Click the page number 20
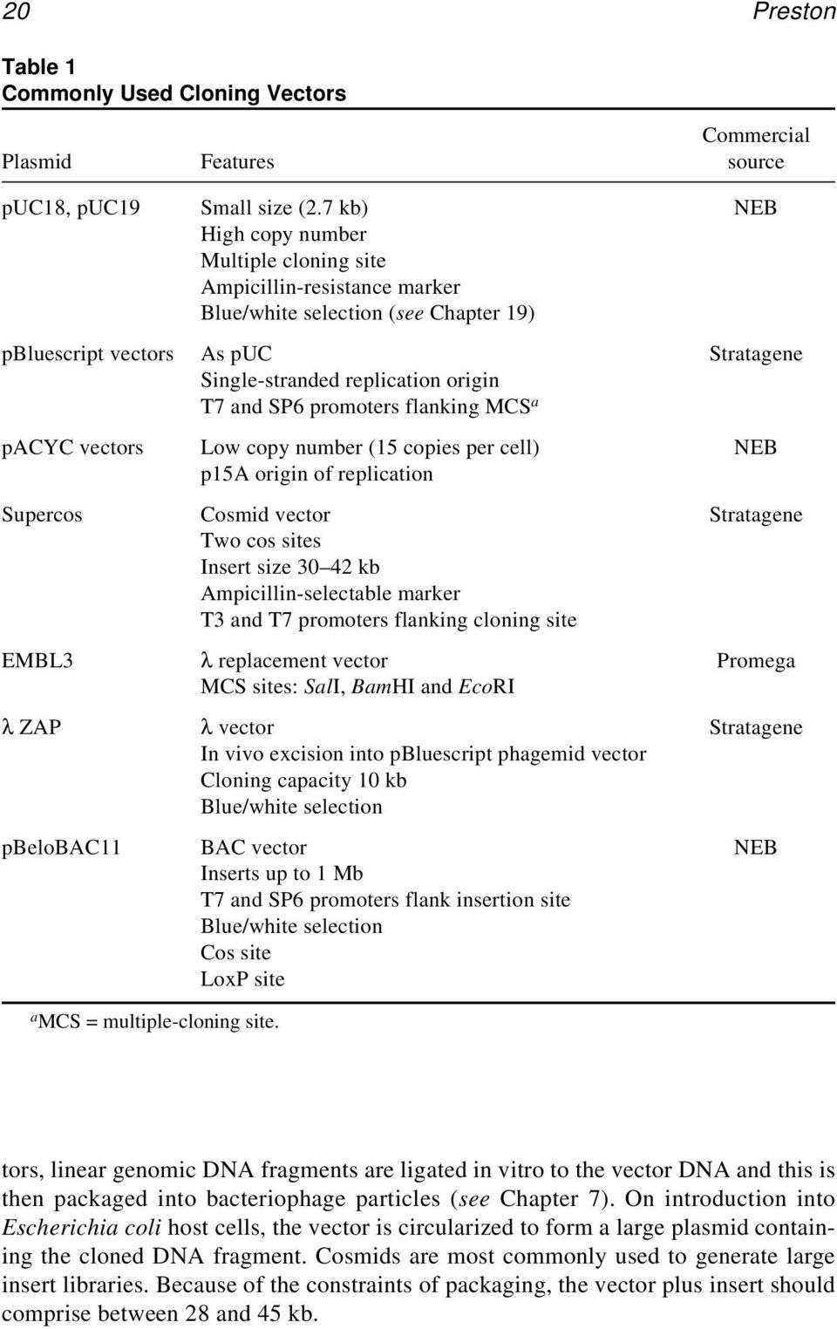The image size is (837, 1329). coord(17,11)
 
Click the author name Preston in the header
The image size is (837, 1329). coord(793,11)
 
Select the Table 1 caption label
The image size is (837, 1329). coord(38,66)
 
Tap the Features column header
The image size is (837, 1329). coord(237,161)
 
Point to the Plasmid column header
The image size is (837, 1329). coord(37,161)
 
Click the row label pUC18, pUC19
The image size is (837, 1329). coord(71,208)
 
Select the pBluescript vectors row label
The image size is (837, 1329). coord(87,353)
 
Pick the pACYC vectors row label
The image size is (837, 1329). coord(72,447)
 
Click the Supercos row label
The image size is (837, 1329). coord(42,515)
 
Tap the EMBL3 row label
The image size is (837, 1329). coord(37,660)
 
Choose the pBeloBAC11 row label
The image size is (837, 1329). coord(61,847)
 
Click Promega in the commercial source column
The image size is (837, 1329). coord(755,661)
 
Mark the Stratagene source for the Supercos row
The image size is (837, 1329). coord(755,515)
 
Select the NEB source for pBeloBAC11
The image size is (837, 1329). coord(755,847)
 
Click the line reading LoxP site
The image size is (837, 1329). coord(242,978)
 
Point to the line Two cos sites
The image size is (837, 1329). coord(261,541)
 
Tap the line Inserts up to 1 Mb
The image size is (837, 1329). coord(282,873)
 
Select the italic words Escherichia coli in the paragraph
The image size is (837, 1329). coord(81,1228)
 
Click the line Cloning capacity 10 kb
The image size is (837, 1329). coord(303,780)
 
